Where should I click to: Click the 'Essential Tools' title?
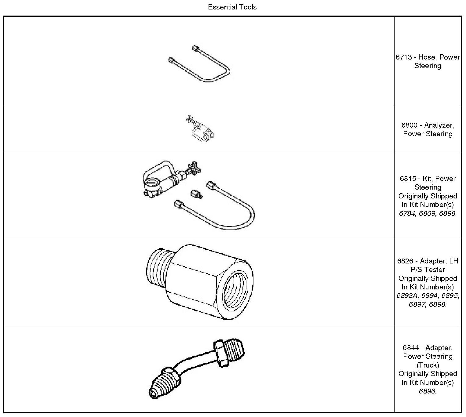point(232,7)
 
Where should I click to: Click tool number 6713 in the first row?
point(403,57)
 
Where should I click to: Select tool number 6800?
point(409,125)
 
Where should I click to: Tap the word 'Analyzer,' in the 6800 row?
point(439,125)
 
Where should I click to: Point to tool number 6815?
point(408,179)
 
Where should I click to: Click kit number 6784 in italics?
point(407,213)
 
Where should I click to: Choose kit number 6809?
point(427,213)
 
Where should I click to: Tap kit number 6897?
point(417,304)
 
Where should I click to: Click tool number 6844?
point(410,348)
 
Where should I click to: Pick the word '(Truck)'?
point(428,365)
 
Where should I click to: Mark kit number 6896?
point(427,391)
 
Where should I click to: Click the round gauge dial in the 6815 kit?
point(151,186)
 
